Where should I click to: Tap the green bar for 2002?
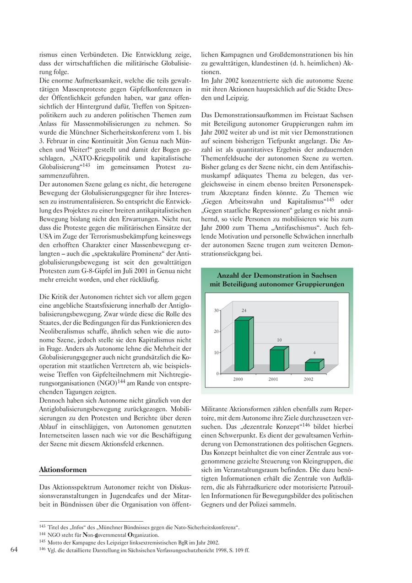pos(313,366)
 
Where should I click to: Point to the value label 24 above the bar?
pos(244,311)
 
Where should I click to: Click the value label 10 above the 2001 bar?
pos(279,340)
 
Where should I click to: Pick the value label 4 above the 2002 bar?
pos(314,353)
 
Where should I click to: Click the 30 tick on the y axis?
pos(216,311)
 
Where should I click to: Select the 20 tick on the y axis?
pos(216,331)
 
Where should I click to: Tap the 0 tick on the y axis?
pos(217,374)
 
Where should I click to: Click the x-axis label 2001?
pos(273,379)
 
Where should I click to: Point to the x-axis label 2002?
pos(309,379)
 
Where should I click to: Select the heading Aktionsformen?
pos(63,470)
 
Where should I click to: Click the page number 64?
pos(14,550)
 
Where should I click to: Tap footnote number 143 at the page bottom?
pos(42,527)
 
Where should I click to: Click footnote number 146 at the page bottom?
pos(42,549)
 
